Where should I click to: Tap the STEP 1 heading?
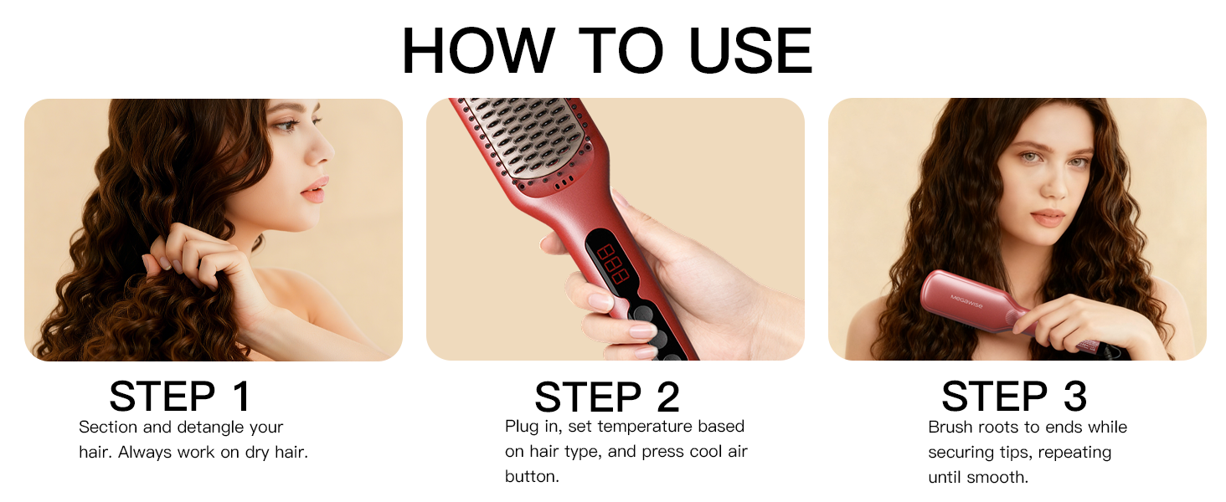pyautogui.click(x=180, y=397)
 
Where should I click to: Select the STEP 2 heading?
pyautogui.click(x=607, y=397)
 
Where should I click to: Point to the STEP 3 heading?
pyautogui.click(x=1014, y=397)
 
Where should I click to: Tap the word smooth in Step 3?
pyautogui.click(x=999, y=478)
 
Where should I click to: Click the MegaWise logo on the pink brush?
pyautogui.click(x=966, y=297)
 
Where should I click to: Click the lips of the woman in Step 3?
pyautogui.click(x=1048, y=218)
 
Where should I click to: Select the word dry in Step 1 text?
pyautogui.click(x=254, y=453)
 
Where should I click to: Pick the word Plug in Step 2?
pyautogui.click(x=522, y=427)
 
